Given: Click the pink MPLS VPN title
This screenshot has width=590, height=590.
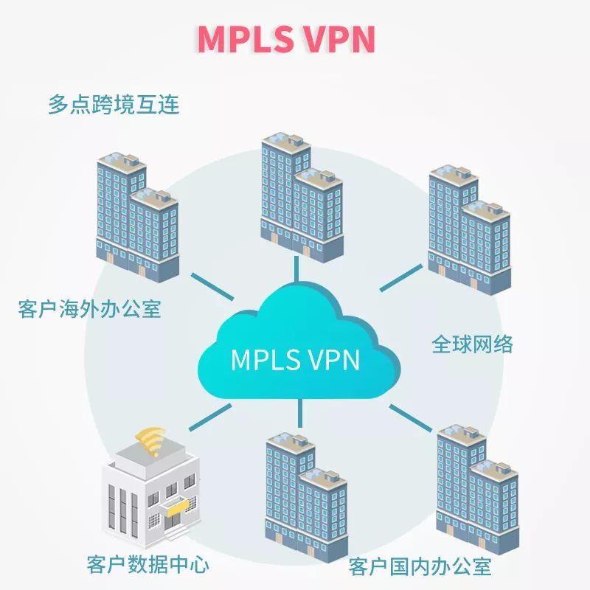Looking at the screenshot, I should point(286,39).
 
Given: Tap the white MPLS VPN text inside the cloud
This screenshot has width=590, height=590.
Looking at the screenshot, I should point(295,359).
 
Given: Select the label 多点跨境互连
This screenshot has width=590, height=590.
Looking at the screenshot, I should point(114,104).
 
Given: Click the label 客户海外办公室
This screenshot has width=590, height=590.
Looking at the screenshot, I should point(89,308).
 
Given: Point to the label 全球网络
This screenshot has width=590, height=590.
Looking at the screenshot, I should point(472,344).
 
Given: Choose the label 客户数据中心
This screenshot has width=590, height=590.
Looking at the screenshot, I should point(147,565).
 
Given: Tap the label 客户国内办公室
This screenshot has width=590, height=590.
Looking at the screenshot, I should point(420,567).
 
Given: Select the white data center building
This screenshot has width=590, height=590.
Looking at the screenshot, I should point(151,490).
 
